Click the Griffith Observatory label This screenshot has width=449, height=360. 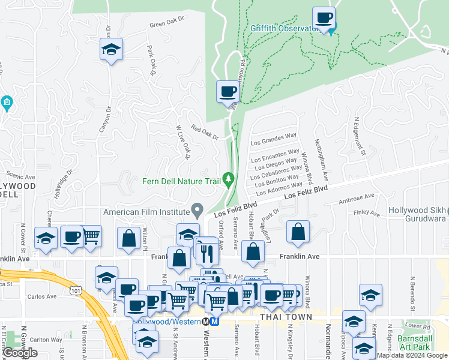tap(283, 28)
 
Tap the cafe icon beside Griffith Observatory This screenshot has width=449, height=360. tap(324, 18)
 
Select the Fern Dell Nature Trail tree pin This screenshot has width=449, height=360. tap(228, 179)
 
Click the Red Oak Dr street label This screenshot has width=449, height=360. tap(205, 131)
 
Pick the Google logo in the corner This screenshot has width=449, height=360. tap(20, 353)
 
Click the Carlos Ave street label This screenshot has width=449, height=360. tap(42, 296)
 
